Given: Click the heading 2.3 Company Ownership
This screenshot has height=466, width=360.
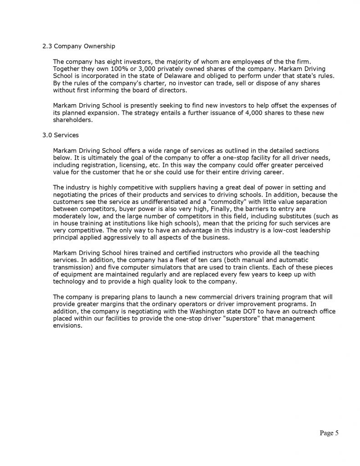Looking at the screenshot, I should pyautogui.click(x=78, y=46).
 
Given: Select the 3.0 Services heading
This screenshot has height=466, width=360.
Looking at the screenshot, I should pyautogui.click(x=61, y=135).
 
